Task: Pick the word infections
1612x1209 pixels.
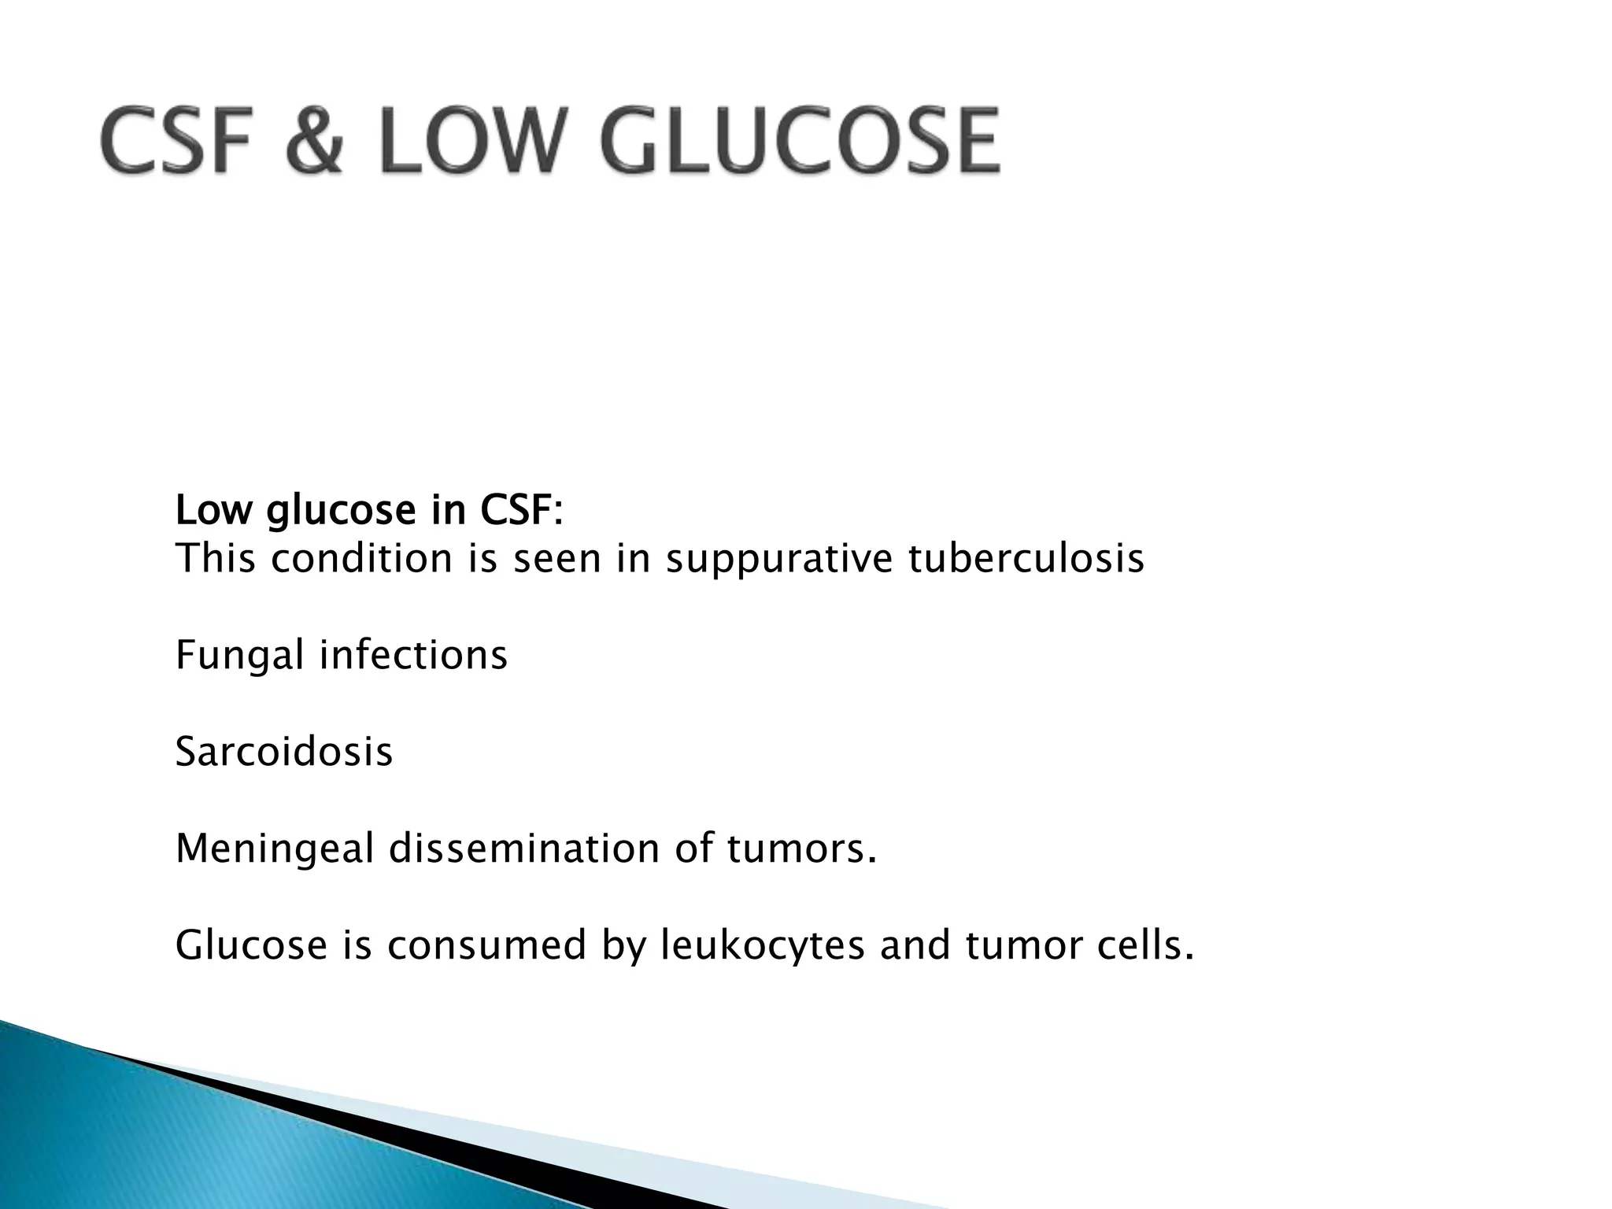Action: pyautogui.click(x=412, y=655)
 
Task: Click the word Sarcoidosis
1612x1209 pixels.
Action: pyautogui.click(x=283, y=752)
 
